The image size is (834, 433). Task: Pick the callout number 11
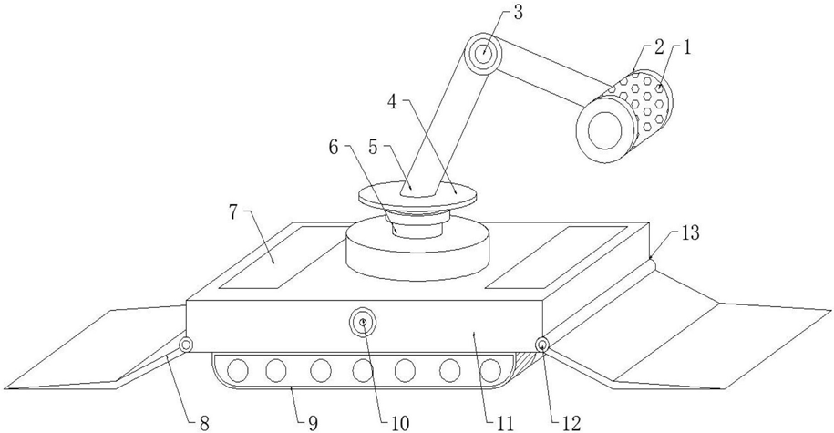tap(504, 422)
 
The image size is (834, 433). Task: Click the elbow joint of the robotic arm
tap(482, 54)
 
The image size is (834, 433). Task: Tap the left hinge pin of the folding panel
tap(186, 345)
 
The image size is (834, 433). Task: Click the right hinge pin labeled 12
tap(542, 345)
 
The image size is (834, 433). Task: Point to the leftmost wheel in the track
tap(237, 370)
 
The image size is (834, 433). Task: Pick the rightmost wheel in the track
tap(491, 370)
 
